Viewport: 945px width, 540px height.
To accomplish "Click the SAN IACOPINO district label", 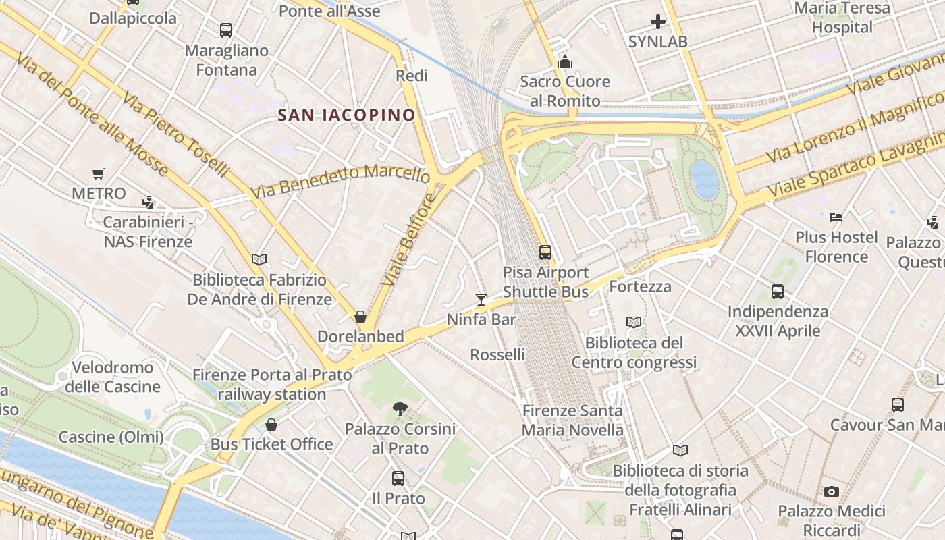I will pos(347,115).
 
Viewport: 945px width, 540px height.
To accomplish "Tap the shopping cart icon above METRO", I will pos(99,173).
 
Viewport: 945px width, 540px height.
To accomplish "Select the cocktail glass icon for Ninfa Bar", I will pos(481,299).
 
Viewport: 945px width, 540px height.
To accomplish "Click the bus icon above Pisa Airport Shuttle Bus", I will pos(545,252).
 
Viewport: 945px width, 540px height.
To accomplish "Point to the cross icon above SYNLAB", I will pos(658,22).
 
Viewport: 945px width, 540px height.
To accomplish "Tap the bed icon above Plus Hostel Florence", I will pos(836,217).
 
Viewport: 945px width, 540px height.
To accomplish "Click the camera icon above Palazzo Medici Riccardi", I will pos(832,491).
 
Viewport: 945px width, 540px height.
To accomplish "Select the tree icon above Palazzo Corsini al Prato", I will pos(400,408).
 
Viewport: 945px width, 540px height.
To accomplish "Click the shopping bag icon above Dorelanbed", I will pos(361,317).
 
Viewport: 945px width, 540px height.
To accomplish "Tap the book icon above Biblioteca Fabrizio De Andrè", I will pos(259,259).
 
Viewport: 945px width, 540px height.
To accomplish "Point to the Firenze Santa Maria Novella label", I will pos(573,420).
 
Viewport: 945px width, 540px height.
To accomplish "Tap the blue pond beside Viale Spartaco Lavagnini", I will pos(704,180).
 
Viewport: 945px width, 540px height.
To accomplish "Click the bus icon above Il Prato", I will pos(398,479).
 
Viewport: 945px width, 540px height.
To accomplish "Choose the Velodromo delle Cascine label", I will pos(112,377).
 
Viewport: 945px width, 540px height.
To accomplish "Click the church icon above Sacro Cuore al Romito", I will pos(565,62).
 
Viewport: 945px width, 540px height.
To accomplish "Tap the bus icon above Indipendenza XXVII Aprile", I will pos(778,292).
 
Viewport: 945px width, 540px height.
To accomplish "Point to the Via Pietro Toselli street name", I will pos(175,133).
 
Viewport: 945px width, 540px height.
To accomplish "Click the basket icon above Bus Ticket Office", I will pos(271,425).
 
